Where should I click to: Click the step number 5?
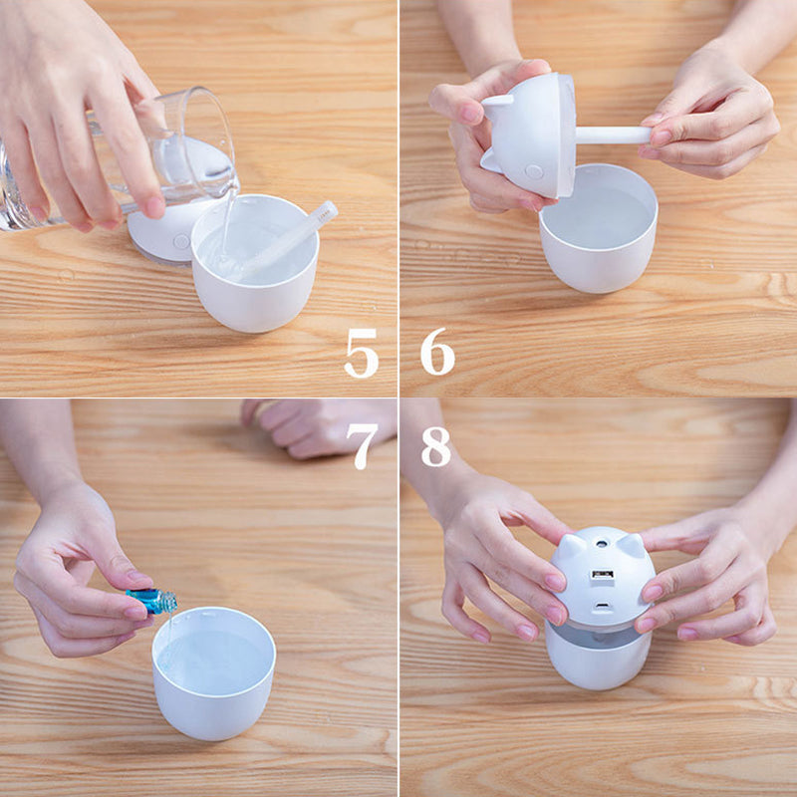coord(362,353)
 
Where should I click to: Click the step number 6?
coord(437,352)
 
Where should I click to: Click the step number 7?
coord(362,446)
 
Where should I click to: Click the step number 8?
coord(436,446)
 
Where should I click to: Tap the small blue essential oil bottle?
coord(152,601)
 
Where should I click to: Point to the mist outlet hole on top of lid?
coord(602,543)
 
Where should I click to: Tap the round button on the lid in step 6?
coord(534,171)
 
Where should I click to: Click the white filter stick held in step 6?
coord(613,134)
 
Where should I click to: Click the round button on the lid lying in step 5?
coord(180,241)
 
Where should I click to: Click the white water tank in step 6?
coord(599,229)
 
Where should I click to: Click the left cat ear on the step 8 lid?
coord(572,545)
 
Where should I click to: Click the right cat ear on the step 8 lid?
coord(631,544)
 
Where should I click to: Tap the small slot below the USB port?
coord(603,606)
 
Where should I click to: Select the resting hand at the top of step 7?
coord(315,427)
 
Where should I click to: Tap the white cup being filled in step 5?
coord(255,263)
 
